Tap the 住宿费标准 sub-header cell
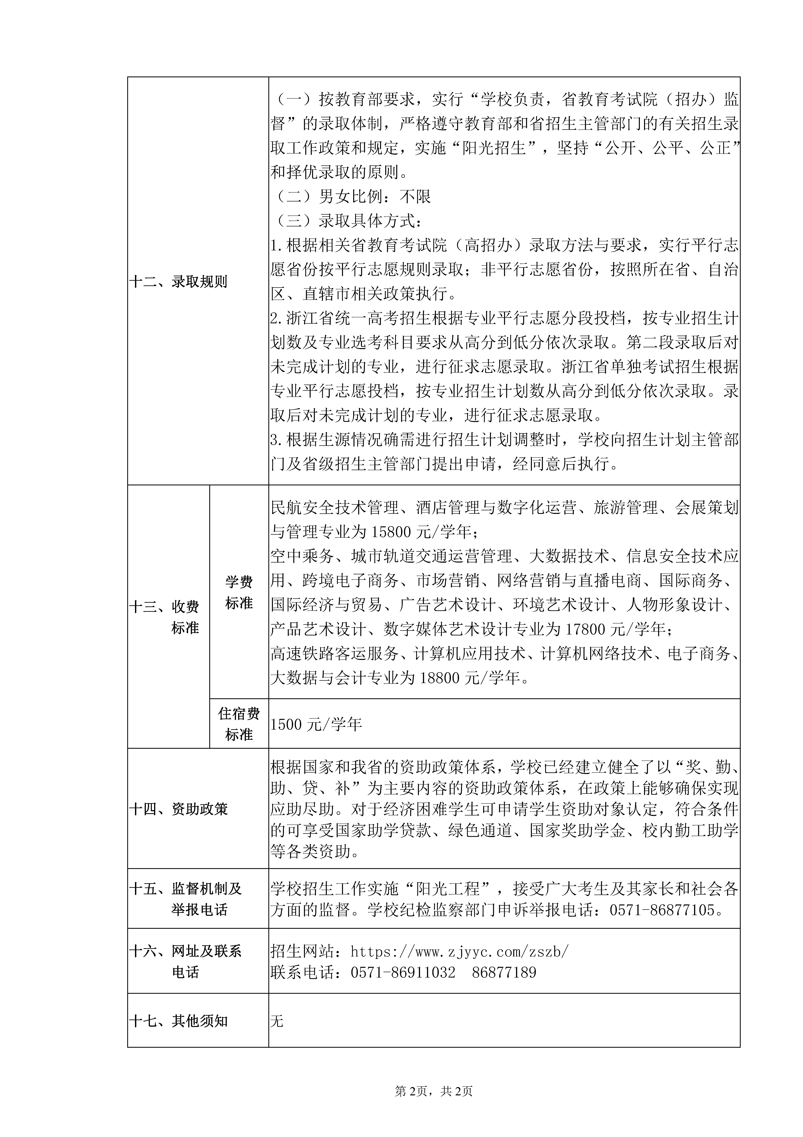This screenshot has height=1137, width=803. point(239,723)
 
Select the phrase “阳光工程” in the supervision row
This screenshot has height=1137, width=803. point(451,889)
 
